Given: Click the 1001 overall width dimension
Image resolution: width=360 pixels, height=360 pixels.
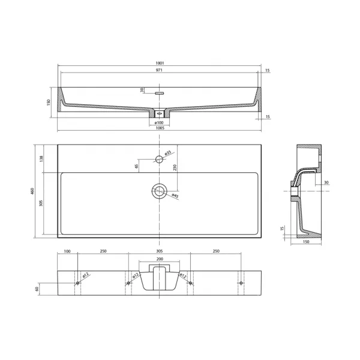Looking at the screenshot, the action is (x=160, y=63).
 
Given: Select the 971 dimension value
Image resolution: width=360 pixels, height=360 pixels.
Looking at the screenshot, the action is (x=159, y=70).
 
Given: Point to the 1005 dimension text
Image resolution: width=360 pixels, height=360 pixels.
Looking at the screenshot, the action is (x=160, y=128).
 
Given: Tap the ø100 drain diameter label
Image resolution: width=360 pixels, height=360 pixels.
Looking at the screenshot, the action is (x=159, y=122).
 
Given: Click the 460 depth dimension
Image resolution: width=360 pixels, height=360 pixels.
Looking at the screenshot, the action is (x=32, y=191).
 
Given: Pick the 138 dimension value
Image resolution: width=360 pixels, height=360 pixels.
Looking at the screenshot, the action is (x=41, y=158).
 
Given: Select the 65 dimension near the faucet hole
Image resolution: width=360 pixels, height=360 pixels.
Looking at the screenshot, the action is (x=136, y=166).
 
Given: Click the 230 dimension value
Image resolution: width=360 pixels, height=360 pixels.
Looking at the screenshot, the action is (x=175, y=167).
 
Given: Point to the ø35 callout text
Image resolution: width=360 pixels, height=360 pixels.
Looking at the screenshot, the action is (x=168, y=152).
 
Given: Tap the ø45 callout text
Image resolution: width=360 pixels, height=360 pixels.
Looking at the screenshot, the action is (x=175, y=196).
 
